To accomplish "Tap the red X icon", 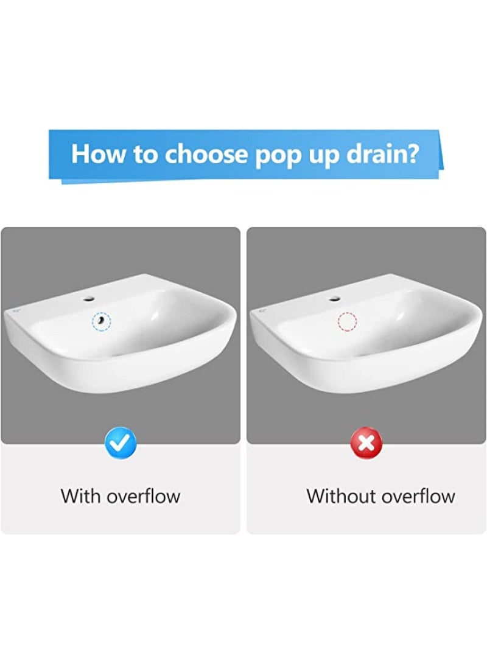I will pyautogui.click(x=366, y=444).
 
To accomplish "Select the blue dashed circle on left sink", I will pyautogui.click(x=101, y=320).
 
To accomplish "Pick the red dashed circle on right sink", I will pyautogui.click(x=347, y=321).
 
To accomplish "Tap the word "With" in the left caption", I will pyautogui.click(x=81, y=496).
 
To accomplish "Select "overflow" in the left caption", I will pyautogui.click(x=144, y=496).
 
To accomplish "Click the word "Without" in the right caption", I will pyautogui.click(x=342, y=496).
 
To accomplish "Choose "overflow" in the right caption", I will pyautogui.click(x=419, y=496).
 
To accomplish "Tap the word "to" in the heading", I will pyautogui.click(x=145, y=155).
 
